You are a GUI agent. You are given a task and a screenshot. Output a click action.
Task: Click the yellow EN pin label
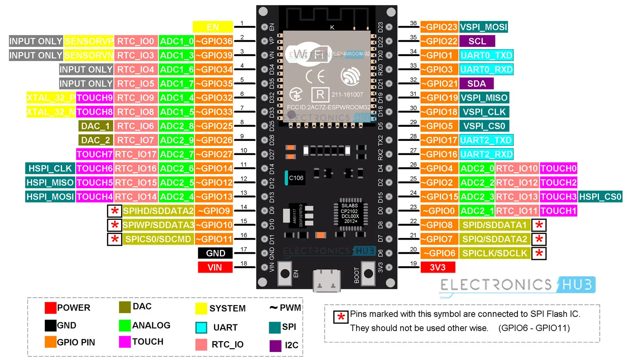point(212,27)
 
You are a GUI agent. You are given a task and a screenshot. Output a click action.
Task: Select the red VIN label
point(215,267)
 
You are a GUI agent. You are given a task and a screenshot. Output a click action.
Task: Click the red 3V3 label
point(437,267)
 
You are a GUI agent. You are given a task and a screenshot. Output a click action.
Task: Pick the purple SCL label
point(477,41)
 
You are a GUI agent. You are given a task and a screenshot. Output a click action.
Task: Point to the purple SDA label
point(476,84)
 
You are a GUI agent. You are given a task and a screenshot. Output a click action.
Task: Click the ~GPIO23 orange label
point(439,27)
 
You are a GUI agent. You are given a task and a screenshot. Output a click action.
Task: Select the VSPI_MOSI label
point(484,27)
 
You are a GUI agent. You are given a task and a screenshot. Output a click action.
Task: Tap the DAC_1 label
point(96,126)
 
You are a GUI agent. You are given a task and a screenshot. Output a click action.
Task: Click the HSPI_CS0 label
point(600,197)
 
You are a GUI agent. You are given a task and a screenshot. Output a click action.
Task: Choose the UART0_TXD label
point(486,55)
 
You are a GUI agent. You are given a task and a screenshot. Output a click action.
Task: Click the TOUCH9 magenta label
point(94,98)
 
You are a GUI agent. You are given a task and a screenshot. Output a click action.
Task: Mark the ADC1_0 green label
point(176,41)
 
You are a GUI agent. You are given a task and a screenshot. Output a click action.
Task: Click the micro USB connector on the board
point(326,280)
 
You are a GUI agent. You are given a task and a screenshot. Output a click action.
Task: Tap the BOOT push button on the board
point(368,273)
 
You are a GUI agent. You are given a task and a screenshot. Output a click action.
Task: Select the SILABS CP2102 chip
point(350,213)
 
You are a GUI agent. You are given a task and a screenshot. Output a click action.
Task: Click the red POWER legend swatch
point(51,308)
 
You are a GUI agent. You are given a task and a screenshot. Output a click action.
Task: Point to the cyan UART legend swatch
point(201,327)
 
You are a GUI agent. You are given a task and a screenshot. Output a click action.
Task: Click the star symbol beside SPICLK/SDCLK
point(539,253)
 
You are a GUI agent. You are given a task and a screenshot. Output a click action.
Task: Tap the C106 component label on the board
point(296,178)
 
